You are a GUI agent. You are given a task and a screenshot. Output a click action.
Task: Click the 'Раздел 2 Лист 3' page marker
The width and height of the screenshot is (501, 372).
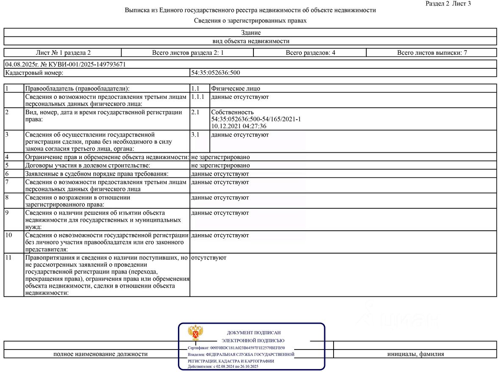(448, 3)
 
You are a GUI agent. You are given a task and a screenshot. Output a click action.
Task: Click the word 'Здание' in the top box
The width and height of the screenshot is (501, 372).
(250, 32)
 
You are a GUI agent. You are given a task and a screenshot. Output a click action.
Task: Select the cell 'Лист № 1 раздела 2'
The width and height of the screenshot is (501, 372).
(63, 53)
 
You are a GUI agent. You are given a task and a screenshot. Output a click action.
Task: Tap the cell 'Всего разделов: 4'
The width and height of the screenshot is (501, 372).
(310, 53)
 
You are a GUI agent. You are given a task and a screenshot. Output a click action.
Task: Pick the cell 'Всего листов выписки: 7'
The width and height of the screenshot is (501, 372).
(431, 53)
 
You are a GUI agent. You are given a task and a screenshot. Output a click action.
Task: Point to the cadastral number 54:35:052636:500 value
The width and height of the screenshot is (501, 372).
(215, 73)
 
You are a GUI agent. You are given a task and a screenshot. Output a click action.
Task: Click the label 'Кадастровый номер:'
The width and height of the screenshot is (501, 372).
(34, 73)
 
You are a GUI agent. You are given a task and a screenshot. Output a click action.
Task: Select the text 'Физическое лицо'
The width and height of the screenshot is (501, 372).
(236, 89)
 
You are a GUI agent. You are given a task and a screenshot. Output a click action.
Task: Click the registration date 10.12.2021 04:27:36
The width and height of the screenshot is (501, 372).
(239, 126)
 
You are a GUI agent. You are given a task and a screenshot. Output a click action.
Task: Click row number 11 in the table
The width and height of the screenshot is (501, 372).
(8, 258)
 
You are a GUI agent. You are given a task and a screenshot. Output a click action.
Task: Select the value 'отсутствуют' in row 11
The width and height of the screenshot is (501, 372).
(209, 258)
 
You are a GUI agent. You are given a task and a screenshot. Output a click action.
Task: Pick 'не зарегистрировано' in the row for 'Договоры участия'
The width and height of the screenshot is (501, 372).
(220, 165)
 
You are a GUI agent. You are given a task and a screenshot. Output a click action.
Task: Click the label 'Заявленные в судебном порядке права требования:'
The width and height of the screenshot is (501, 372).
(97, 174)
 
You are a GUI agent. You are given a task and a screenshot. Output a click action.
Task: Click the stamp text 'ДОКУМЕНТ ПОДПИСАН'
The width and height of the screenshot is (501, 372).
(253, 333)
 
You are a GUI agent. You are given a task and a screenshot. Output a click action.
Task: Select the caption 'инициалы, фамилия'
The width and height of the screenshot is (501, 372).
(415, 354)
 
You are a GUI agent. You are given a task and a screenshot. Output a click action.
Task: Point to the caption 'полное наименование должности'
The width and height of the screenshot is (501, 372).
(100, 354)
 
